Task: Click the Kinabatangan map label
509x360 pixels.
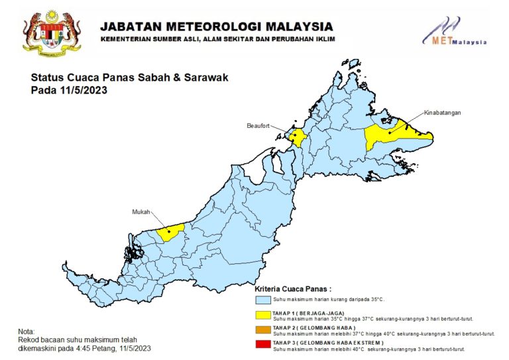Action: click(442, 113)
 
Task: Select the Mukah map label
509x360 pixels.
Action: click(141, 211)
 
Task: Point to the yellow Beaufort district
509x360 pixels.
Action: click(298, 138)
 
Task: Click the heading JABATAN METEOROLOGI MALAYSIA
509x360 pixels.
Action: click(216, 27)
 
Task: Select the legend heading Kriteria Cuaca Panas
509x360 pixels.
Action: click(292, 290)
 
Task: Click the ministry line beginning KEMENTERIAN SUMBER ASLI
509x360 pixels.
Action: click(217, 40)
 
